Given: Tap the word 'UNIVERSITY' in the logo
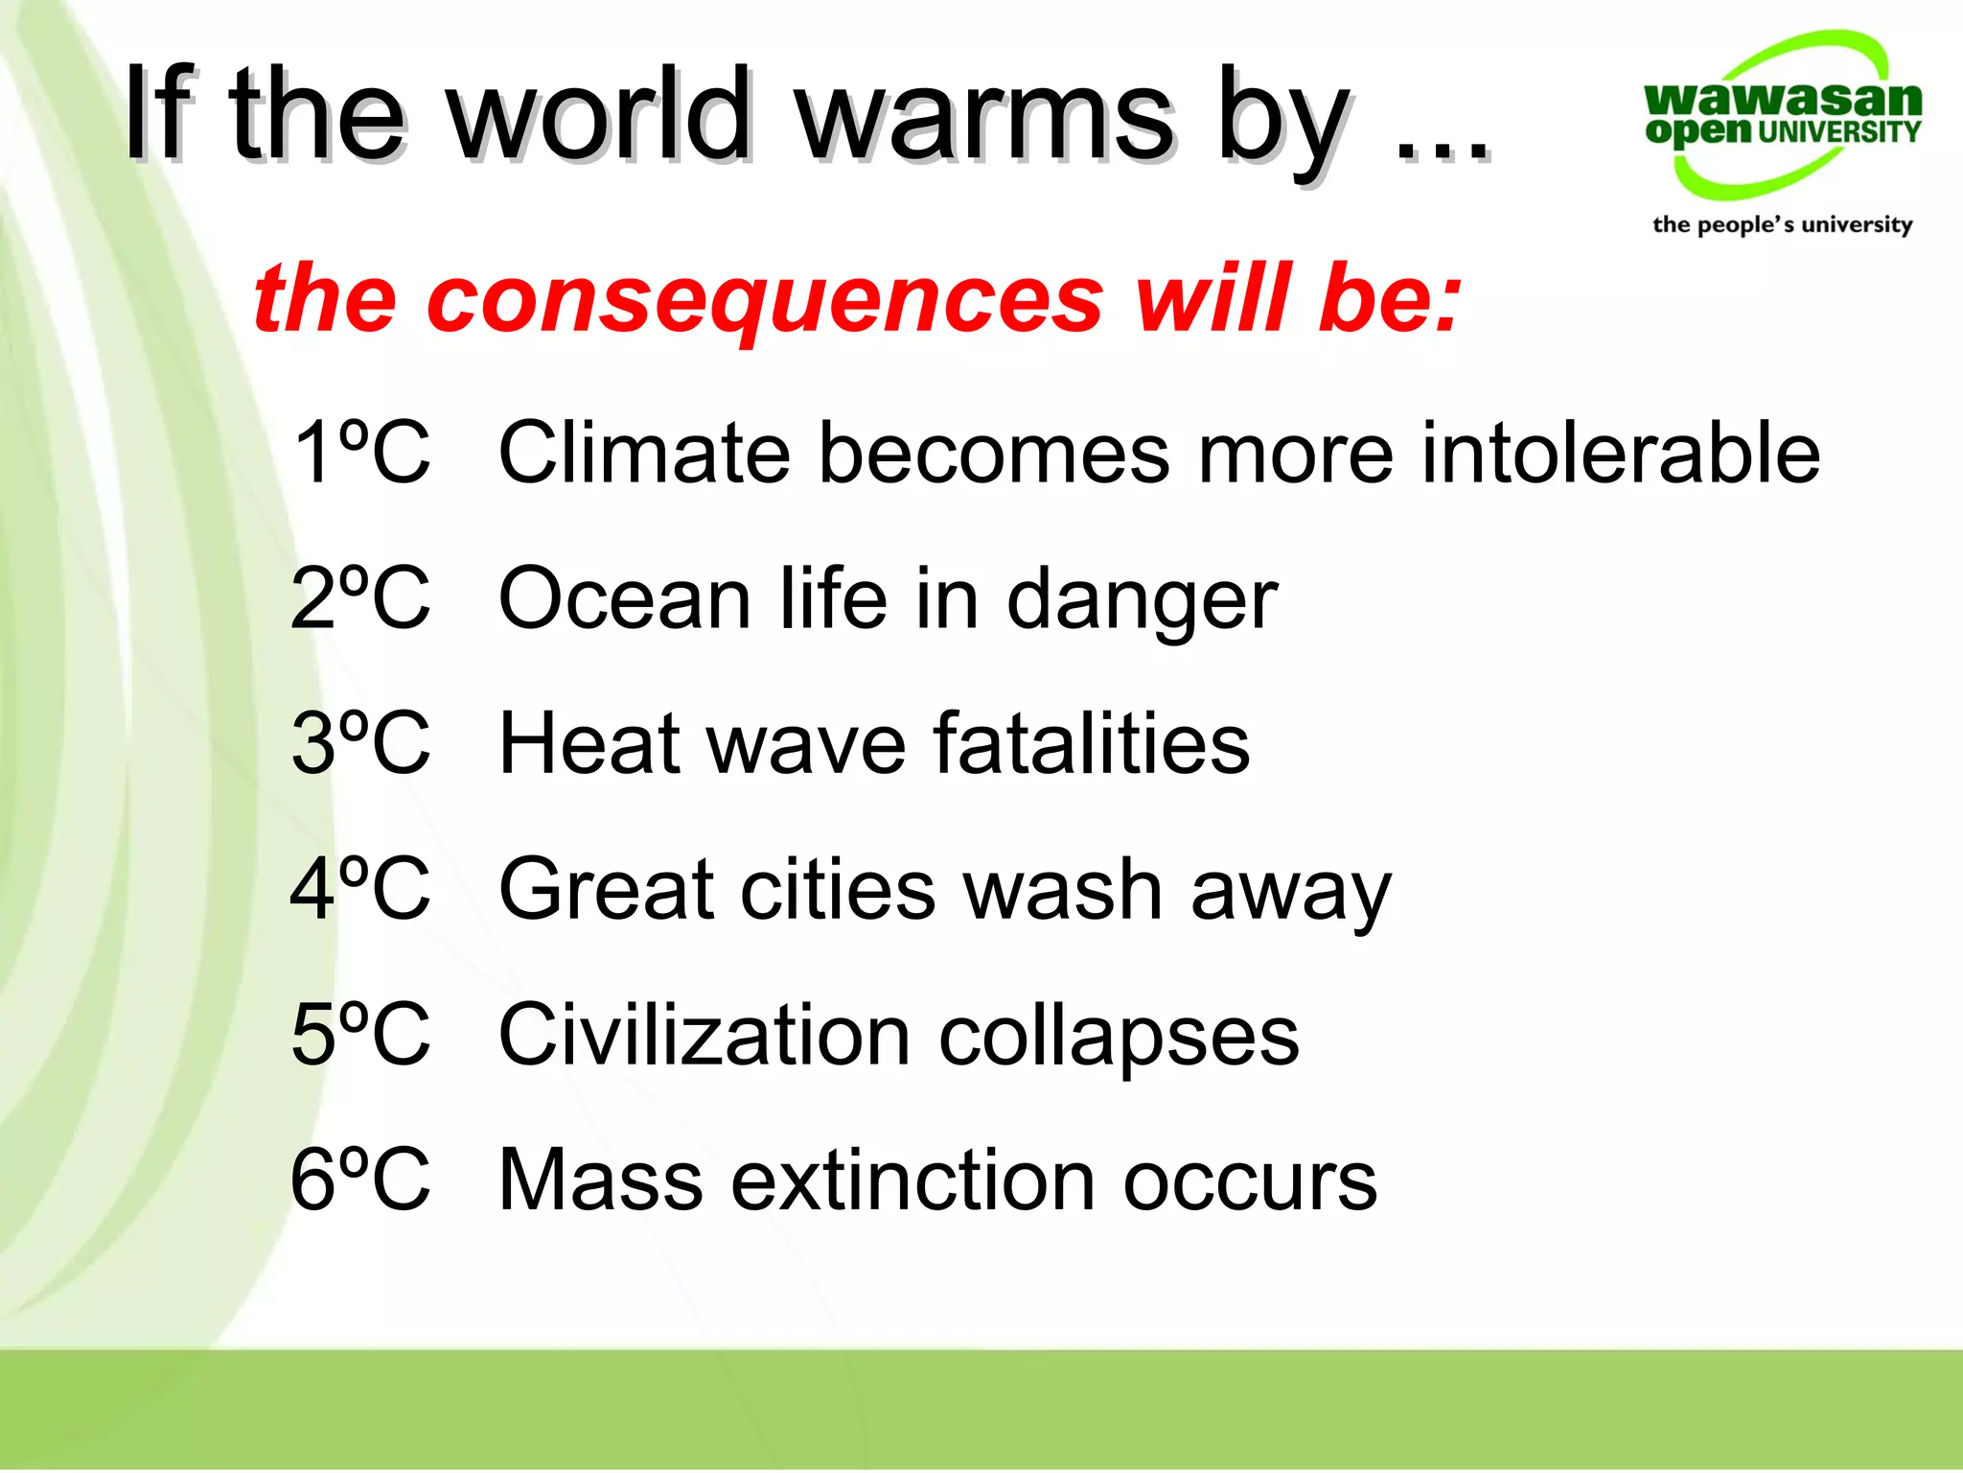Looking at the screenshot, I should pyautogui.click(x=1838, y=132).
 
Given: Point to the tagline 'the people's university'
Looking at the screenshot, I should pyautogui.click(x=1782, y=224).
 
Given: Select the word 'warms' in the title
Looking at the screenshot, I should pyautogui.click(x=986, y=115).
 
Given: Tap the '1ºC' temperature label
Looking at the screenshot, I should pyautogui.click(x=360, y=452).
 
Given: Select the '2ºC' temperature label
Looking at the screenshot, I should pyautogui.click(x=360, y=597).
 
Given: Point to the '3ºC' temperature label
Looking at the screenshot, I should pyautogui.click(x=360, y=743).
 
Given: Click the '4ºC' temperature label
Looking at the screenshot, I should pyautogui.click(x=360, y=889).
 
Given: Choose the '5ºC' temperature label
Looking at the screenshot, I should pyautogui.click(x=360, y=1035).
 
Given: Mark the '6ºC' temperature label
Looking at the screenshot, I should pyautogui.click(x=360, y=1181).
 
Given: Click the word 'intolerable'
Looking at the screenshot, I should pyautogui.click(x=1619, y=452).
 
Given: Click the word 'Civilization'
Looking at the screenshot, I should pyautogui.click(x=704, y=1035).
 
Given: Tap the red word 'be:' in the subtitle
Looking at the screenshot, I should pyautogui.click(x=1390, y=299).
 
